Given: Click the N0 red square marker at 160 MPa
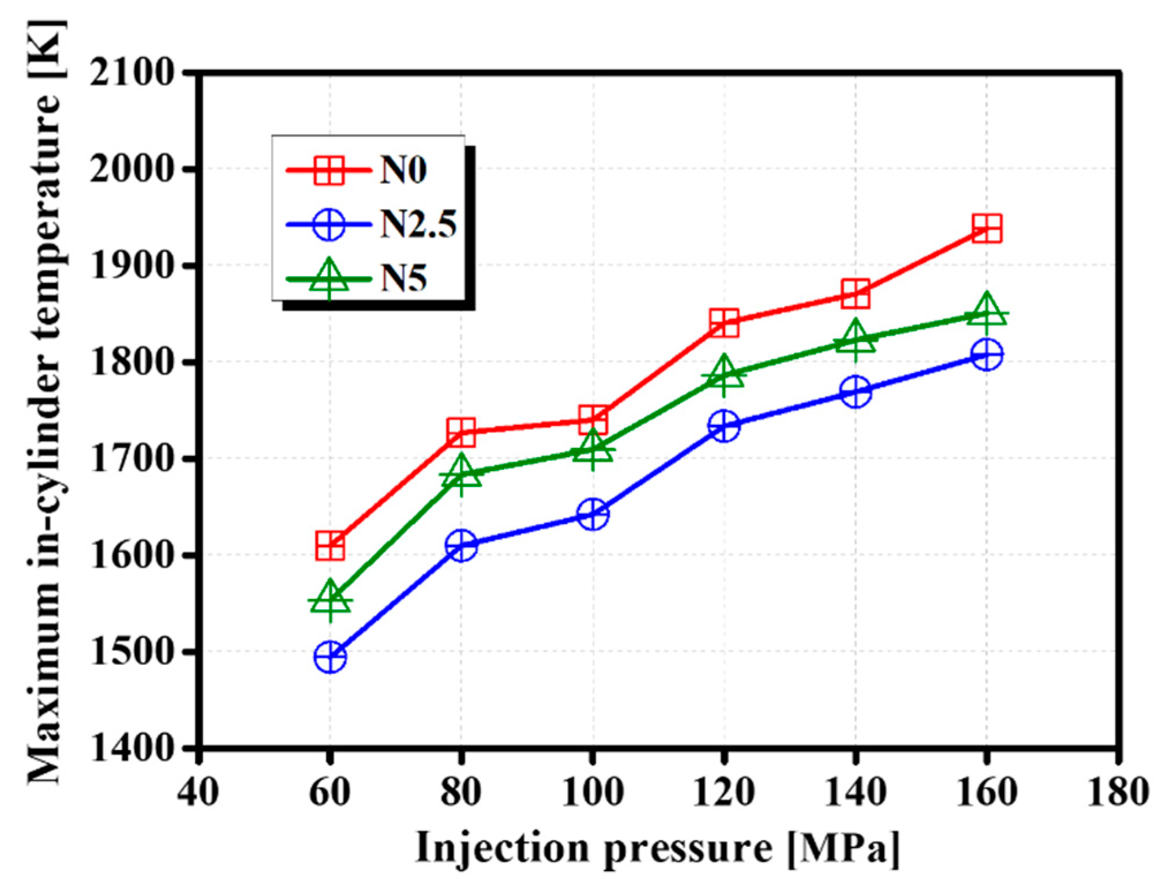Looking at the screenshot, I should click(x=986, y=229).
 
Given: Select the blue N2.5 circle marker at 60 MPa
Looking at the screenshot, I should click(x=330, y=657).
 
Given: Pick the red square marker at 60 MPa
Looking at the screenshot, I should click(x=330, y=545).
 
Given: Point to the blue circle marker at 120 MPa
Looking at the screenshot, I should click(x=725, y=426).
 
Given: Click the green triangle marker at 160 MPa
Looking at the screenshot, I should click(x=986, y=313).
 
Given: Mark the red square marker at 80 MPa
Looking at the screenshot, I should click(x=461, y=432).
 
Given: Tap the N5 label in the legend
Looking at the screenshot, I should click(x=403, y=279).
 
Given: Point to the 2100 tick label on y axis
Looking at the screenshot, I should click(x=132, y=73).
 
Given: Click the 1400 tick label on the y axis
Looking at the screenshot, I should click(x=132, y=748).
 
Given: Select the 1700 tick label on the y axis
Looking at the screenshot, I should click(x=132, y=459).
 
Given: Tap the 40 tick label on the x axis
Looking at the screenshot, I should click(x=198, y=792).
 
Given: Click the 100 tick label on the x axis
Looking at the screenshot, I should click(x=593, y=792).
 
